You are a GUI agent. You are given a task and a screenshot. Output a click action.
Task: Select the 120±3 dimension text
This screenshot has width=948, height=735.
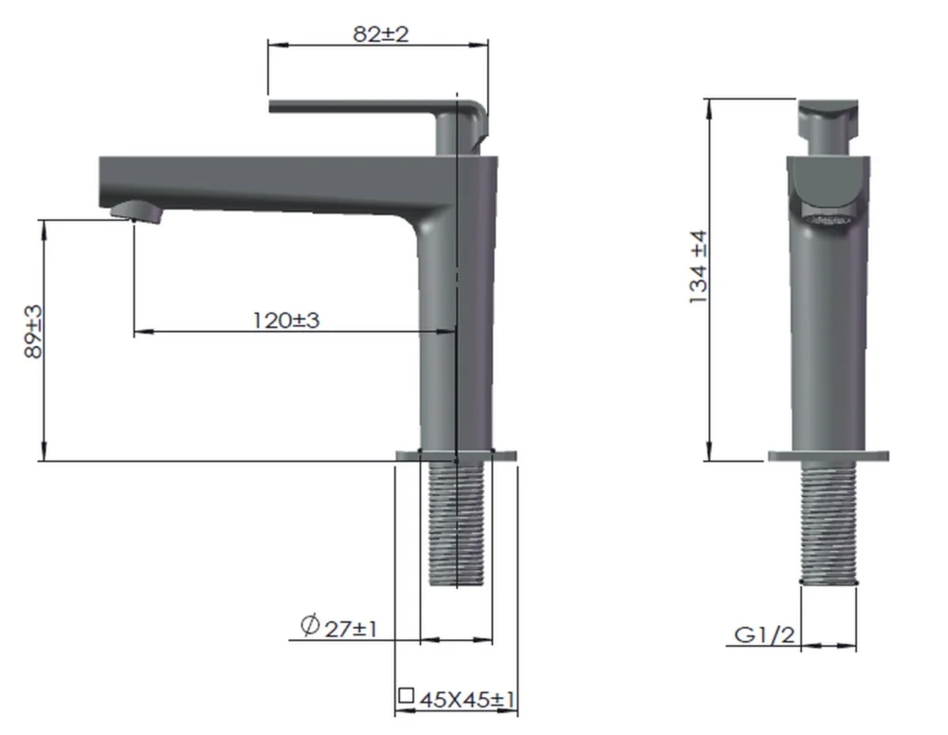(x=286, y=320)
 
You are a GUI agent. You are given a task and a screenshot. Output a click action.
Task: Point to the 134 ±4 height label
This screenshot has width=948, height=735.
(x=700, y=268)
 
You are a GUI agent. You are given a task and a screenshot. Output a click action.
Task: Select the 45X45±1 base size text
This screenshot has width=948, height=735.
(x=467, y=700)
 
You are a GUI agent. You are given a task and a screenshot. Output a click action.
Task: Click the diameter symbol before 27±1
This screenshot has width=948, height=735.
(x=309, y=626)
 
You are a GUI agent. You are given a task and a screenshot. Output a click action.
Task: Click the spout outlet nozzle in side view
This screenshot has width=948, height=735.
(x=137, y=211)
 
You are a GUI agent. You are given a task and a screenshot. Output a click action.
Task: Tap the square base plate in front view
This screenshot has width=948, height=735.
(x=829, y=455)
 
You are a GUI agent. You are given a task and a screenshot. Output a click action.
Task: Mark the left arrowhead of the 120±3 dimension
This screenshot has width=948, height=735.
(x=138, y=332)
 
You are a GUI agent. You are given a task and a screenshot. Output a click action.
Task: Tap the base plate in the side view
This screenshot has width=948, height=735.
(x=456, y=455)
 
